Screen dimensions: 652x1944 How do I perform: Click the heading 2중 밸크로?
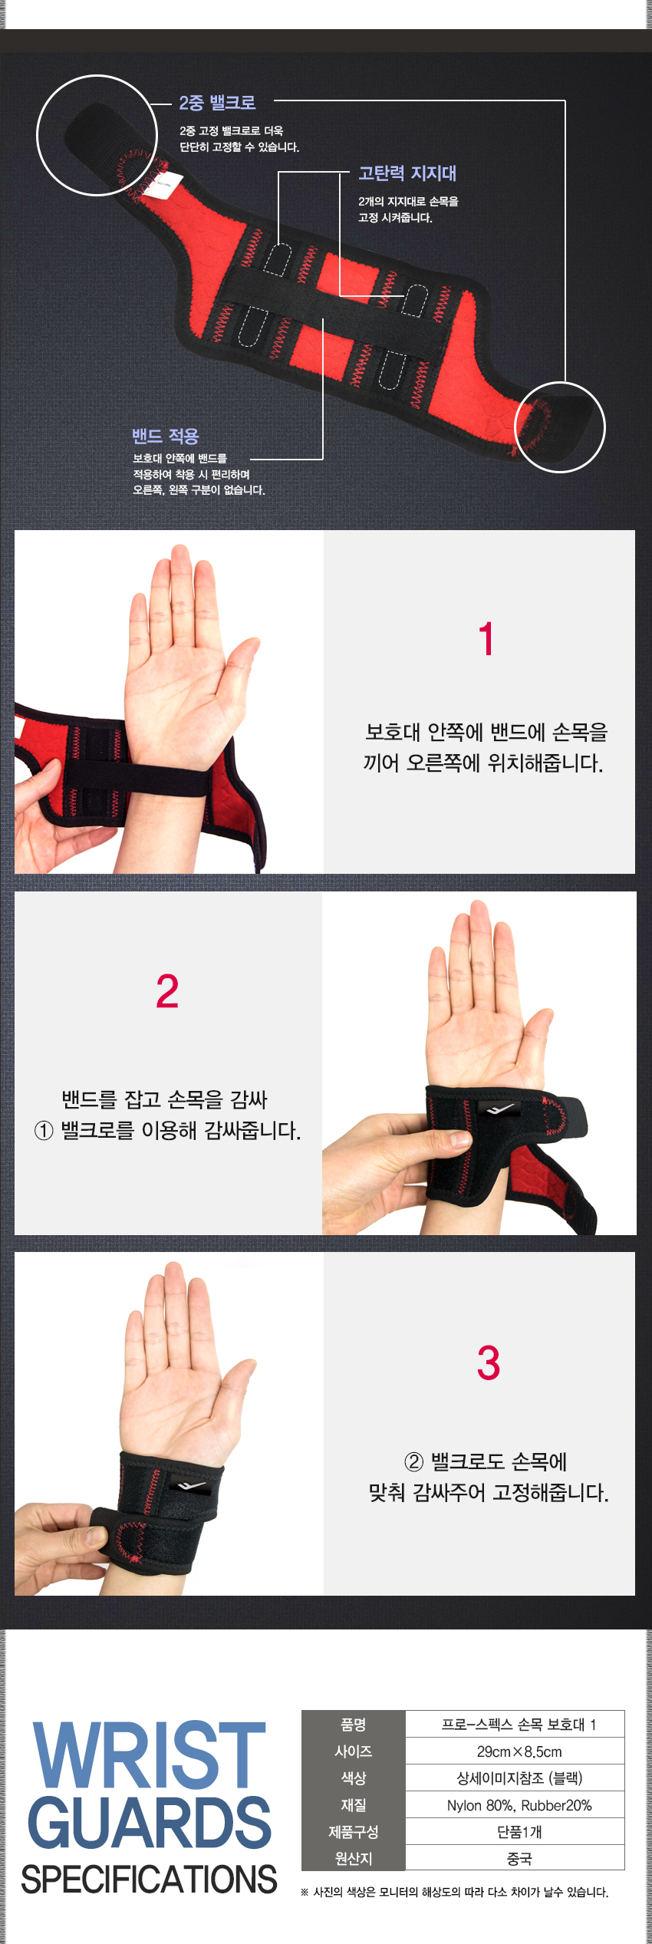click(217, 102)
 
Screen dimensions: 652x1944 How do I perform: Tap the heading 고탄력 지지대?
click(407, 173)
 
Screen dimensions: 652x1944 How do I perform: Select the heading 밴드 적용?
click(166, 436)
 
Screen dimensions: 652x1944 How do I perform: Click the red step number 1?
click(486, 638)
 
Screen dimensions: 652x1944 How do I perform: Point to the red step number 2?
click(167, 991)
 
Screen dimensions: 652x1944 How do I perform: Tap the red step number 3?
click(488, 1363)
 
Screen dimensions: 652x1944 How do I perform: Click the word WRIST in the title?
click(150, 1755)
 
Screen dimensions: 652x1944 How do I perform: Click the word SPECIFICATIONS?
click(149, 1879)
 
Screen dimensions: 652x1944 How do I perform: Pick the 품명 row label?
click(353, 1724)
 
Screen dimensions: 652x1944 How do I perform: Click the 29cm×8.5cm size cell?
click(519, 1751)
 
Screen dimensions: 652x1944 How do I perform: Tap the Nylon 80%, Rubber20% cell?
click(519, 1805)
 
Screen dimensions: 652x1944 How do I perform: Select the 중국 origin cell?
click(519, 1858)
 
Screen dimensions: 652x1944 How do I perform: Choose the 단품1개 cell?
click(519, 1832)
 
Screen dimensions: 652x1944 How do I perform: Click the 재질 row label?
click(353, 1805)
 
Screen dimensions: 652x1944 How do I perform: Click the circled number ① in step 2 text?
click(44, 1131)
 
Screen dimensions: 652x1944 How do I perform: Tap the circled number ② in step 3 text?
click(413, 1462)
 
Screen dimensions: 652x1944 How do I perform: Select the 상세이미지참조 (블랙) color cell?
click(519, 1778)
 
